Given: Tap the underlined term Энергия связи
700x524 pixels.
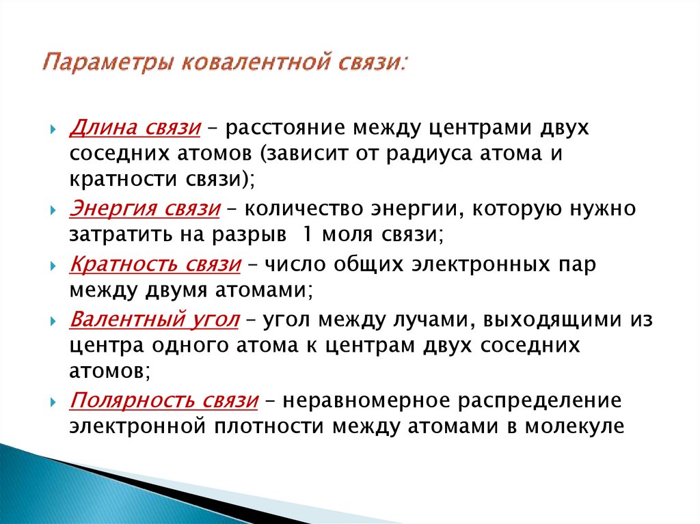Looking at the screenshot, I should (x=144, y=208).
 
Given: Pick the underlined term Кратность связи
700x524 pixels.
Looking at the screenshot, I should (x=154, y=265).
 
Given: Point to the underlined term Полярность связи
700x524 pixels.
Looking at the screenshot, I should (x=163, y=401).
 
